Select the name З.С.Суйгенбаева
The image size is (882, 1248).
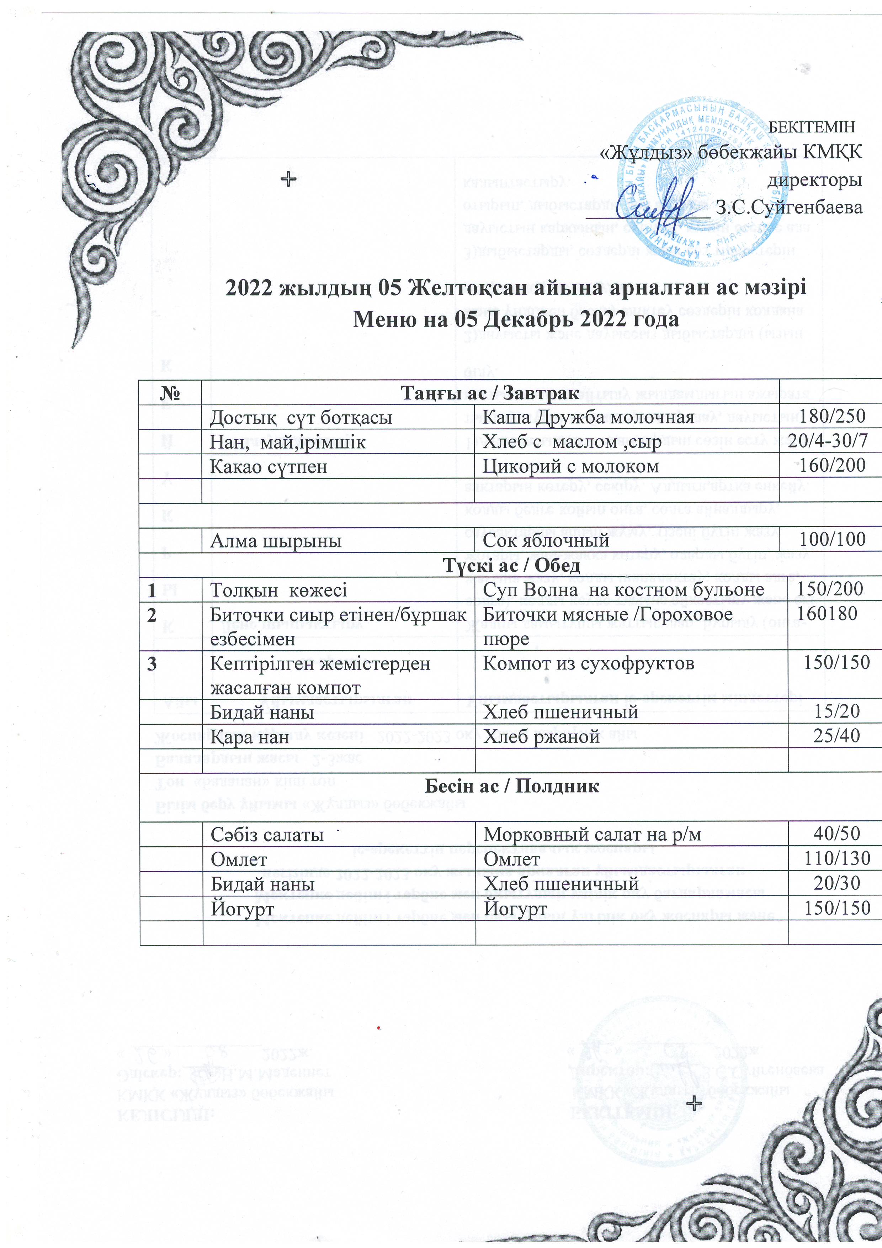coord(789,207)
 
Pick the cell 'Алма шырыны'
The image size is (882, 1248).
coord(276,541)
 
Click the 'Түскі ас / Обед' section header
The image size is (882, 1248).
coord(511,565)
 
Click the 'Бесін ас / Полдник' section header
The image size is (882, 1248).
coord(511,786)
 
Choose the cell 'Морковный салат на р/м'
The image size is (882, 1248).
coord(593,834)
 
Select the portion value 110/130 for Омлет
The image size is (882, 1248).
coord(837,858)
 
